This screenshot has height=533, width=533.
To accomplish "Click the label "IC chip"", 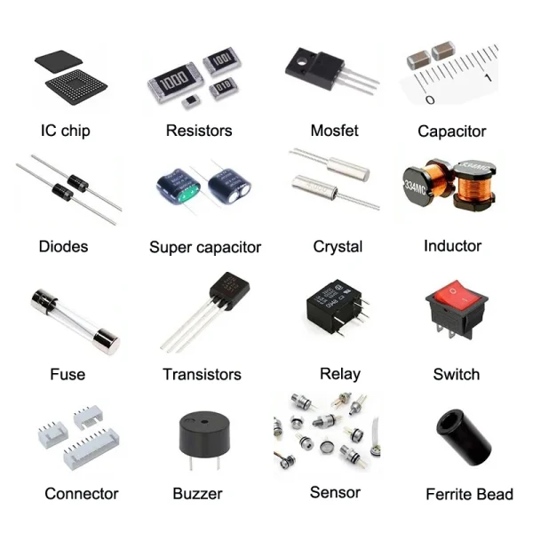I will pos(65,131).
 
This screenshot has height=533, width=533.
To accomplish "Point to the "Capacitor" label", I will pos(452,131).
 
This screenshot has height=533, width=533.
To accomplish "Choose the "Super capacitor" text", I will pos(205,247).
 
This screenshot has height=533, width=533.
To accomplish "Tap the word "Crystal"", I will pos(338,246).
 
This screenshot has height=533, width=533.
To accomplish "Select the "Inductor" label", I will pos(452,245).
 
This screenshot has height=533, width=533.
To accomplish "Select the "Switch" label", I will pos(456,374).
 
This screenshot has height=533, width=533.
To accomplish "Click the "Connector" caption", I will pos(81,493).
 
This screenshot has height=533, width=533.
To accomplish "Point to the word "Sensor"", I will pos(335,491).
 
